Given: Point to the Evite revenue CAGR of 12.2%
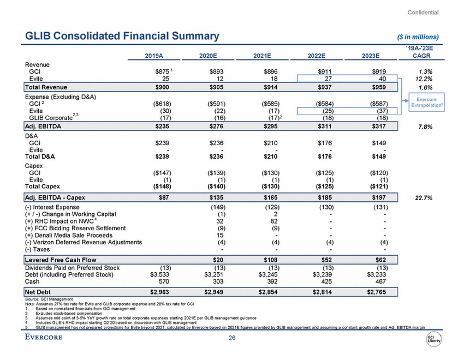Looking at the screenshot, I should pyautogui.click(x=420, y=79).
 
